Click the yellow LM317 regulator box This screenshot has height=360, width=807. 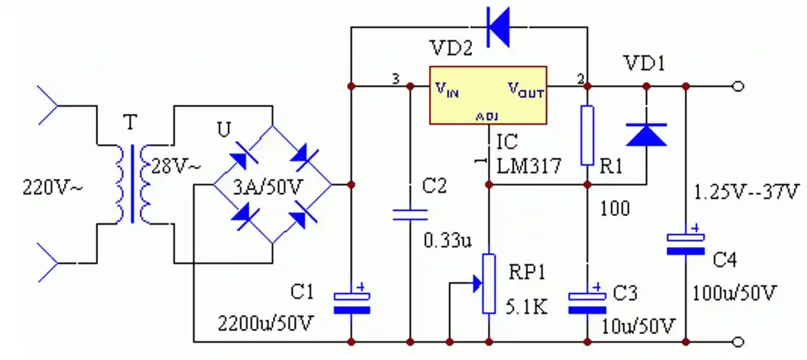(488, 95)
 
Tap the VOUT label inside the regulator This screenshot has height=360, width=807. (526, 89)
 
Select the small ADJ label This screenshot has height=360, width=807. (487, 117)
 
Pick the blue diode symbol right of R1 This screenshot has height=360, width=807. (646, 135)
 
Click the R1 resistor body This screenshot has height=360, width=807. (587, 135)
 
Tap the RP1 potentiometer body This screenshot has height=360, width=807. (489, 283)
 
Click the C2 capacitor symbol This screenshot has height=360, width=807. (410, 214)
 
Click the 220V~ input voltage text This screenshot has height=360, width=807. (53, 187)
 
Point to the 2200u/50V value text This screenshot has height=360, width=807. (266, 323)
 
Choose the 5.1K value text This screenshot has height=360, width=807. (528, 307)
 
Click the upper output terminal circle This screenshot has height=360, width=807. (737, 86)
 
